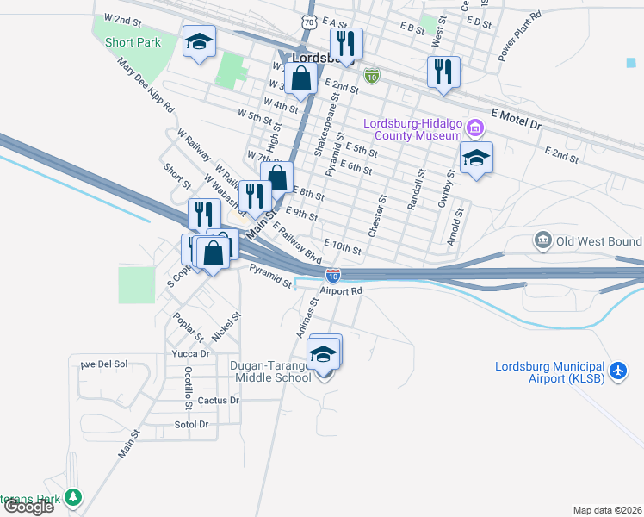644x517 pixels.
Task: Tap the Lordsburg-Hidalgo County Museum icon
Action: (x=474, y=129)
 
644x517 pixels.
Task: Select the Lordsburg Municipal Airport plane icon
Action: (x=617, y=371)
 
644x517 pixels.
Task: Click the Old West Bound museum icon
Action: (x=542, y=240)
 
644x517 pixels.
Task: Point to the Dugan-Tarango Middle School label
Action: (x=270, y=371)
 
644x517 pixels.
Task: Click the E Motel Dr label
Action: (x=516, y=119)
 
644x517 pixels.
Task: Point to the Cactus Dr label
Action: (x=218, y=401)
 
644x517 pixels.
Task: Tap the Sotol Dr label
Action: (x=191, y=425)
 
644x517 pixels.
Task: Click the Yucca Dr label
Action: (x=191, y=353)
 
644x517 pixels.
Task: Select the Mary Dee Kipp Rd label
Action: (x=147, y=87)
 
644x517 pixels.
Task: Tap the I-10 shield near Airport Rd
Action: (x=333, y=276)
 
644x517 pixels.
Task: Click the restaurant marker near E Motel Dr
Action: (x=443, y=72)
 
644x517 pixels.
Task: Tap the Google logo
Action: (x=28, y=507)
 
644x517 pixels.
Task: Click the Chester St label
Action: (x=375, y=215)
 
